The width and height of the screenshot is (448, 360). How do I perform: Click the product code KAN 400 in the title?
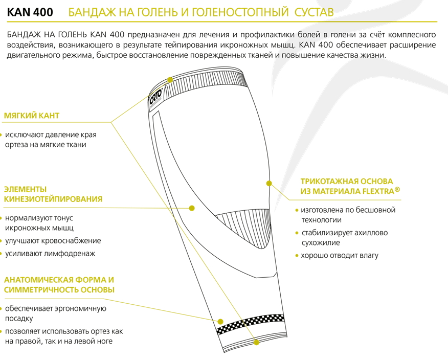point(30,12)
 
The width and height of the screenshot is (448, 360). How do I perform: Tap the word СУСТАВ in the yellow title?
point(313,12)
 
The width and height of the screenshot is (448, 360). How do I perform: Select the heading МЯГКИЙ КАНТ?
point(32,116)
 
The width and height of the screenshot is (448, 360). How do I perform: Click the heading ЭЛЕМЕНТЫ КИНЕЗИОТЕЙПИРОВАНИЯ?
point(53,194)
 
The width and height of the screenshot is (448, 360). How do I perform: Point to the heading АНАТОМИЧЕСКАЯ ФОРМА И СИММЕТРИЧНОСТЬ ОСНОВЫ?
point(59,284)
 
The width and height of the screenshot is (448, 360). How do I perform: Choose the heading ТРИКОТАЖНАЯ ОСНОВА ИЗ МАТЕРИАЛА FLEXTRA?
point(350,186)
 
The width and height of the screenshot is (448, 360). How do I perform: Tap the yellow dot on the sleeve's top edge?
point(170,80)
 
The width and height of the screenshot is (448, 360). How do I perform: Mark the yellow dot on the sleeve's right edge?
point(269,184)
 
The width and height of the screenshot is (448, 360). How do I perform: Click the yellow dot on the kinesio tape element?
point(192,208)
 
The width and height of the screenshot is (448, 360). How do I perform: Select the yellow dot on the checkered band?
point(220,322)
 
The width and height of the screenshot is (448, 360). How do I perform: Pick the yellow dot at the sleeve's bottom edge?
point(256,342)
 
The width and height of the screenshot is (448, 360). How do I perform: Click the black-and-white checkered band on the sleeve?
point(250,324)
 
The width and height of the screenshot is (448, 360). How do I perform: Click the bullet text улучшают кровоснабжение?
point(53,241)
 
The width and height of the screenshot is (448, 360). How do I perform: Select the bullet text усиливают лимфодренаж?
point(50,254)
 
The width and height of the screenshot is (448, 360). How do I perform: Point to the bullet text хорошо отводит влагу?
point(340,256)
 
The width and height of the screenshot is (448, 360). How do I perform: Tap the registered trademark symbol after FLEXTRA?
point(397,189)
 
